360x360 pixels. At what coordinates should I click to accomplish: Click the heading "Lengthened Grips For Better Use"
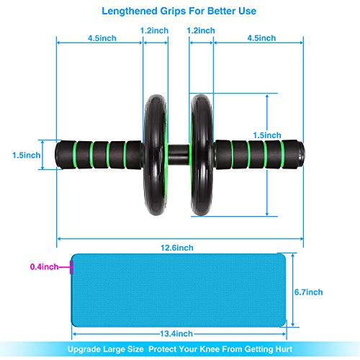click(179, 11)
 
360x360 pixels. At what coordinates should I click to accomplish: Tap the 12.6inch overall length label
click(177, 248)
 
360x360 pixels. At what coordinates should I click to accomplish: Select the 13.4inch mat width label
click(176, 333)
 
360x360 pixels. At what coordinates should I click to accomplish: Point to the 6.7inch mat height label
click(309, 292)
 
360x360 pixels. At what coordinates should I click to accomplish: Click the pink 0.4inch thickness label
click(44, 266)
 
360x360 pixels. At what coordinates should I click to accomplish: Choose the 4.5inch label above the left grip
click(102, 38)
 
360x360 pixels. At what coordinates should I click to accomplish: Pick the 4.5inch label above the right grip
click(261, 38)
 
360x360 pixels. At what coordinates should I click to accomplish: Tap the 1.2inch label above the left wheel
click(154, 30)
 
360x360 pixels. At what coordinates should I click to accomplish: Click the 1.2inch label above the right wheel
click(201, 30)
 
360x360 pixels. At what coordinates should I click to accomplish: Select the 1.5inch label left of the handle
click(27, 156)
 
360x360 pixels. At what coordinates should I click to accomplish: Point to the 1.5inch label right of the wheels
click(267, 135)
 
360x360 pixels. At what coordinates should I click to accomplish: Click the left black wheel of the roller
click(155, 155)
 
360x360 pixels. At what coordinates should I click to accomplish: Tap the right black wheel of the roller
click(201, 155)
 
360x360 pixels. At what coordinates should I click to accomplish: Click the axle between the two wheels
click(179, 155)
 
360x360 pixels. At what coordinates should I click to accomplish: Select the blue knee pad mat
click(179, 290)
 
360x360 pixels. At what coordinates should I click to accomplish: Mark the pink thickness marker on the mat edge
click(71, 267)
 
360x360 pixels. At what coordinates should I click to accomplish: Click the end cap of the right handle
click(302, 153)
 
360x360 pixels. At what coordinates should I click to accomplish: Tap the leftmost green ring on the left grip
click(75, 155)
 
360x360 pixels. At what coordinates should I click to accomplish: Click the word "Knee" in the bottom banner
click(210, 349)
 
